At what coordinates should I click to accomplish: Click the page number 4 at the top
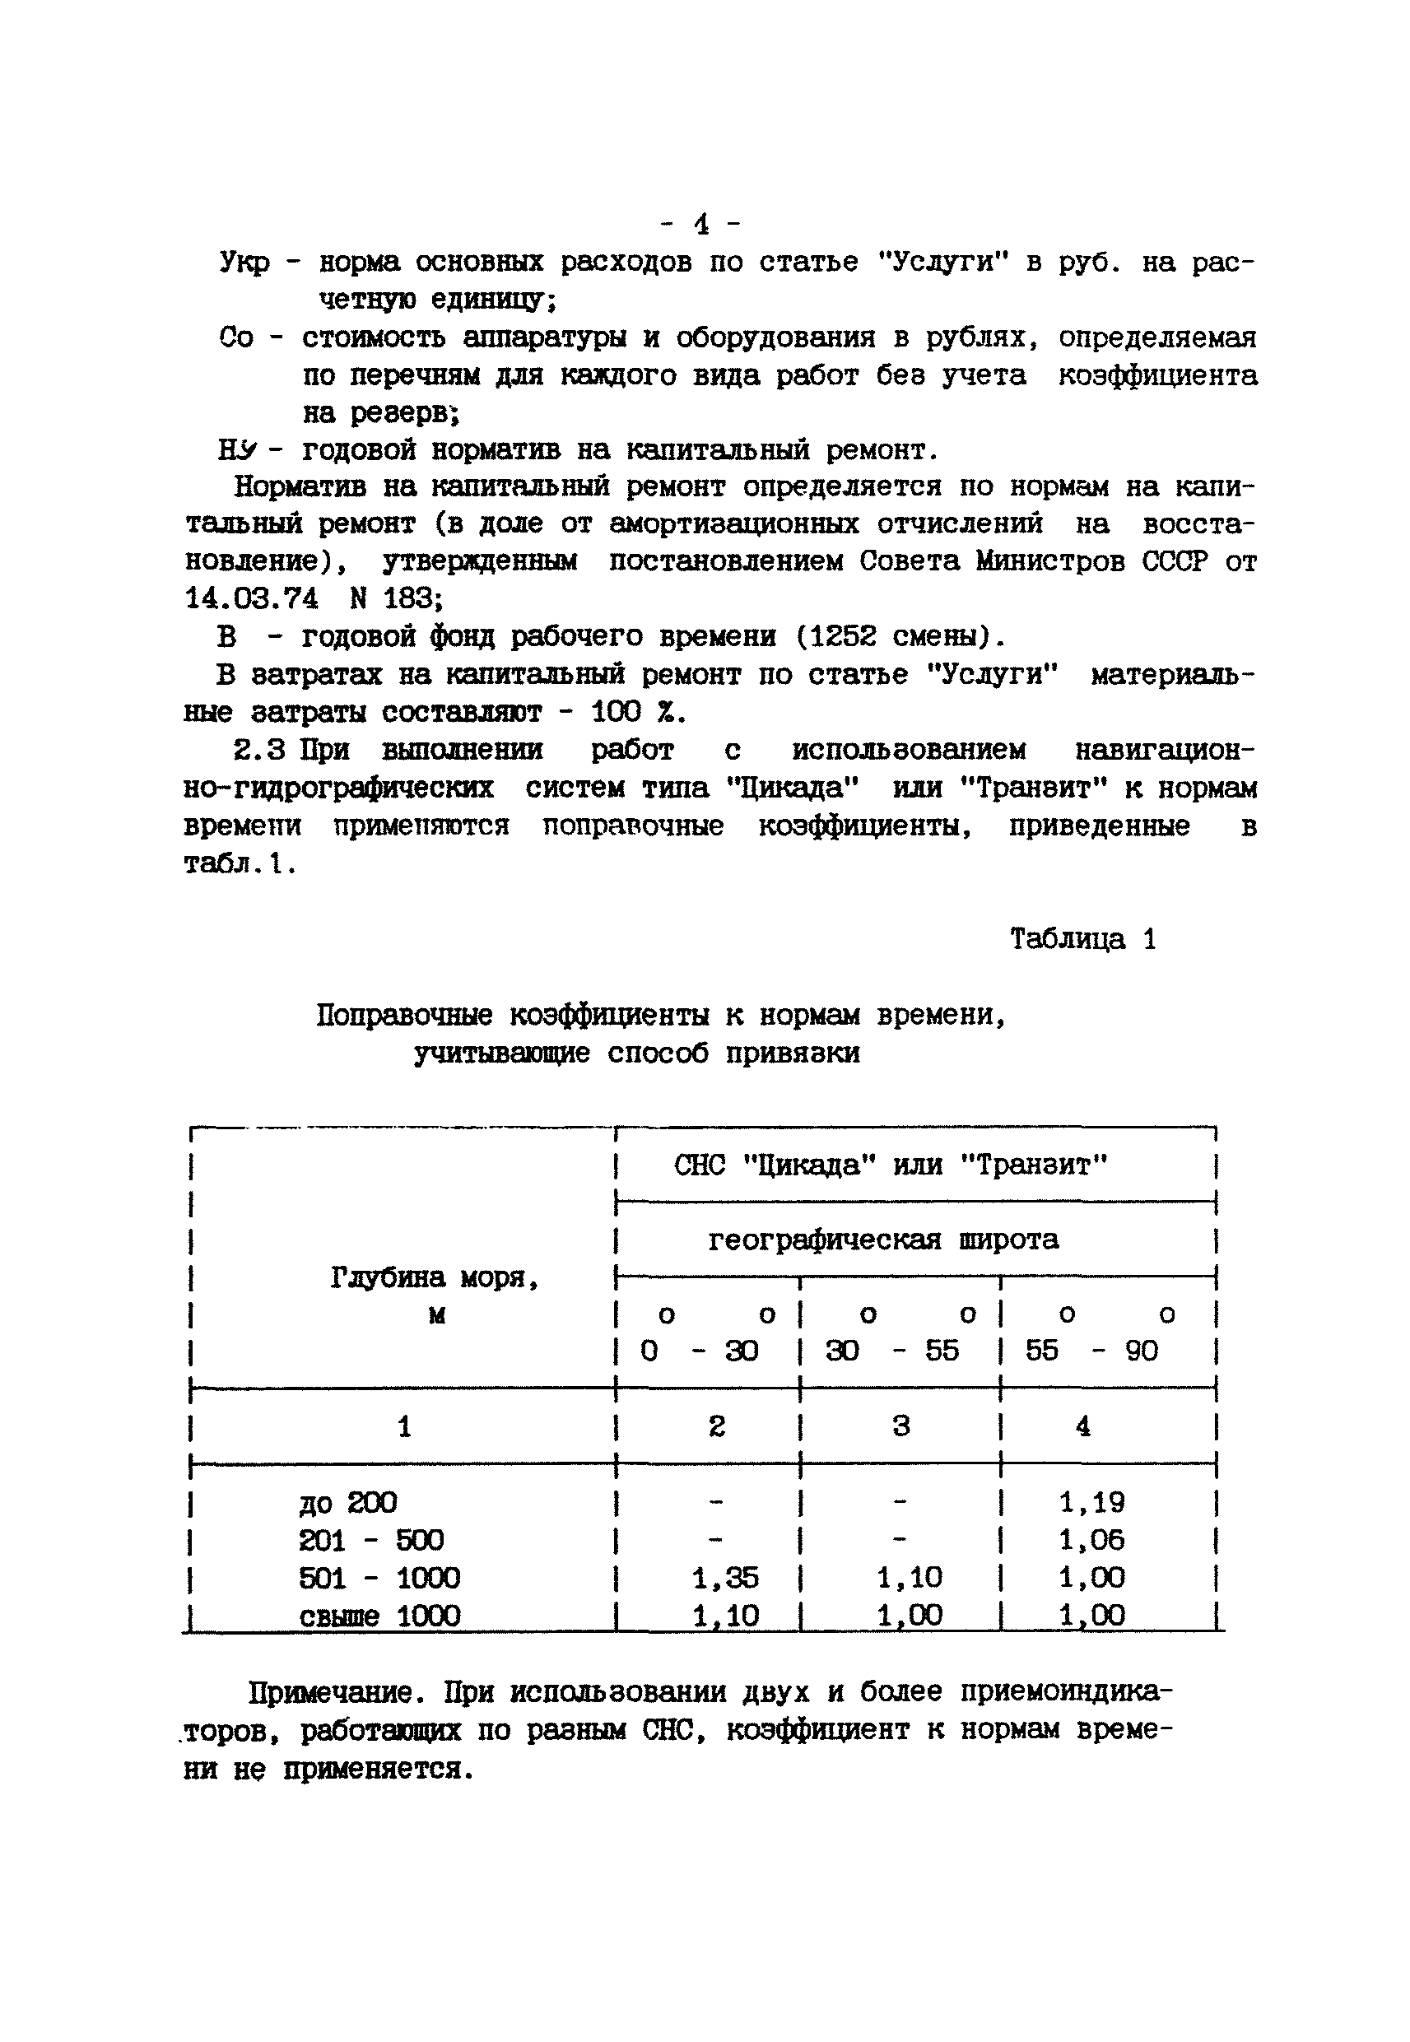coord(702,223)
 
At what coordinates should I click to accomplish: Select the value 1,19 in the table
coord(1092,1502)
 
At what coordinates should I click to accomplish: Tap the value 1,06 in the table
coord(1092,1540)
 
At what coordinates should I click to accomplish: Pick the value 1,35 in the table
coord(725,1578)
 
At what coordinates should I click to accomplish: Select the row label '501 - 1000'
coord(380,1578)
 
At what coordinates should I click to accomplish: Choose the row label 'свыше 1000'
coord(380,1616)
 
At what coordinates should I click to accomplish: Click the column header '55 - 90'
coord(1092,1351)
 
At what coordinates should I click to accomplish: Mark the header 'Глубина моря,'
coord(435,1277)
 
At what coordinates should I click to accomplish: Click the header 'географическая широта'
coord(883,1240)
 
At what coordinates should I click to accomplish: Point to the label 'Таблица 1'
coord(1083,938)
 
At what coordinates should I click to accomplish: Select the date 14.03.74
coord(252,599)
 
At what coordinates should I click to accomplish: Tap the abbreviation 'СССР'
coord(1174,561)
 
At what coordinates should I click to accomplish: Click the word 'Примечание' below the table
coord(329,1692)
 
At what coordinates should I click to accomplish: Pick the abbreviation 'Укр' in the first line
coord(244,263)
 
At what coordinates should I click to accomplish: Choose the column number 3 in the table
coord(901,1426)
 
